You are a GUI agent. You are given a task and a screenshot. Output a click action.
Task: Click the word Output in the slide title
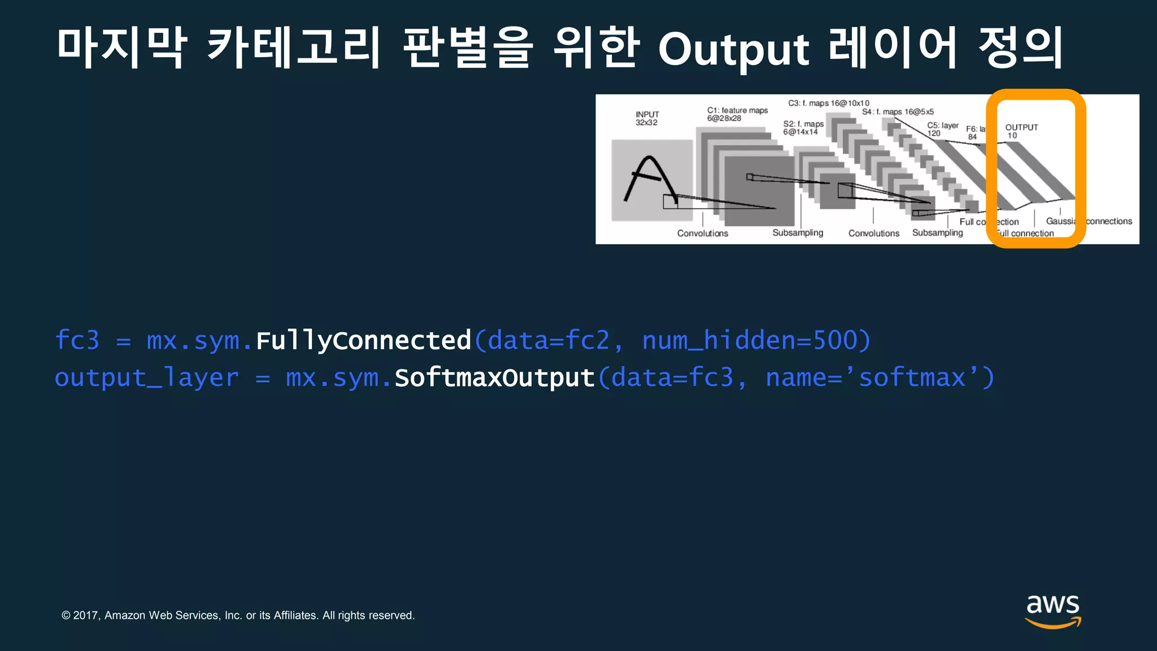[x=733, y=50]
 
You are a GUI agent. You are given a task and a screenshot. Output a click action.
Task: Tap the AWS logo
[x=1053, y=611]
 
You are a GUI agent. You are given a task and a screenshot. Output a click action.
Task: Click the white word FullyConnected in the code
[x=363, y=341]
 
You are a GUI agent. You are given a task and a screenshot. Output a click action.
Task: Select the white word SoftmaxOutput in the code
[x=494, y=378]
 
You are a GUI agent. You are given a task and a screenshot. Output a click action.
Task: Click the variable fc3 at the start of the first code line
[x=77, y=341]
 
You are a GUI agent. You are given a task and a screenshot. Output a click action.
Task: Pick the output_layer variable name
[x=146, y=378]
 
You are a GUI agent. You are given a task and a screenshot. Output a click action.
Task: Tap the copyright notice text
[x=238, y=615]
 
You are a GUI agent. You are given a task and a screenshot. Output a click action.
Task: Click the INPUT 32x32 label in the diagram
[x=647, y=119]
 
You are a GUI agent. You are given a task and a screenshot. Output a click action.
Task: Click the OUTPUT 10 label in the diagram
[x=1021, y=131]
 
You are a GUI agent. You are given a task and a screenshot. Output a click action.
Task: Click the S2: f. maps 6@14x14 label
[x=803, y=128]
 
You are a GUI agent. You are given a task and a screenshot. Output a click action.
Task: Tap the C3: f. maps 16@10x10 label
[x=828, y=103]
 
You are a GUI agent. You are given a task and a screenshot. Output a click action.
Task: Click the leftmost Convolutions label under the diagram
[x=702, y=233]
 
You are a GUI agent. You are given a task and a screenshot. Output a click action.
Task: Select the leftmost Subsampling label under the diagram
[x=797, y=233]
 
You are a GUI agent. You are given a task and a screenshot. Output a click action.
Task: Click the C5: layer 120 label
[x=942, y=129]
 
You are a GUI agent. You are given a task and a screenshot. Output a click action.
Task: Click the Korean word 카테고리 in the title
[x=294, y=47]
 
